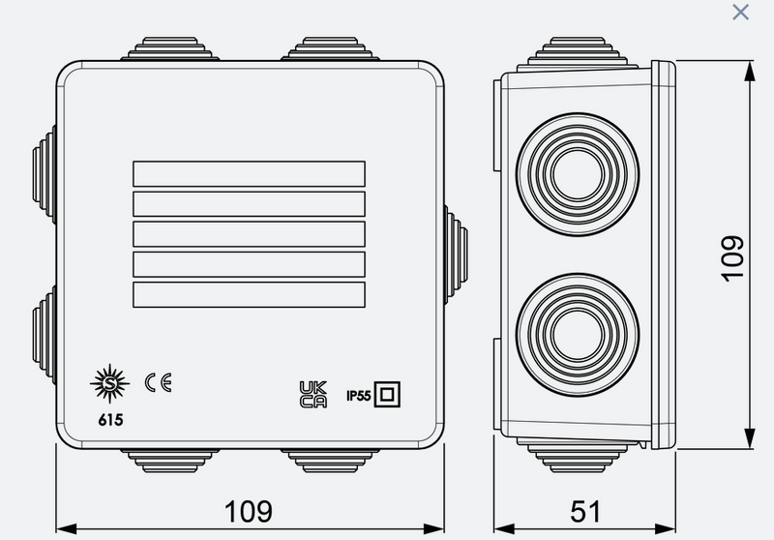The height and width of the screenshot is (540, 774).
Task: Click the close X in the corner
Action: click(x=740, y=13)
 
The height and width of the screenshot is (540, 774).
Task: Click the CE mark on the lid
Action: click(x=158, y=383)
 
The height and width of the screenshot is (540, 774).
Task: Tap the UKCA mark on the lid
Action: click(x=313, y=393)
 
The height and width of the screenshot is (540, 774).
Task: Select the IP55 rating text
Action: click(x=359, y=394)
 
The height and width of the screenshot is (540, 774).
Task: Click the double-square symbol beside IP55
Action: click(x=387, y=393)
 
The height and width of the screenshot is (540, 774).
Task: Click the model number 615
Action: click(x=109, y=420)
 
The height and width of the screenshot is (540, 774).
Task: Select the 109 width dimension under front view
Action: click(x=249, y=510)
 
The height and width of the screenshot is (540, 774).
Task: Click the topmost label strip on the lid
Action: click(x=248, y=173)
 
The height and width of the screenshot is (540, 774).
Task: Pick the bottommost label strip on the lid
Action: click(x=248, y=294)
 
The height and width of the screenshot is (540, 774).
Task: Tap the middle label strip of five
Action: click(x=248, y=233)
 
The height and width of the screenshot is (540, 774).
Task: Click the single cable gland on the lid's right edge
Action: click(x=456, y=251)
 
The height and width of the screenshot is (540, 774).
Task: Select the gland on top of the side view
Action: click(x=580, y=49)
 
